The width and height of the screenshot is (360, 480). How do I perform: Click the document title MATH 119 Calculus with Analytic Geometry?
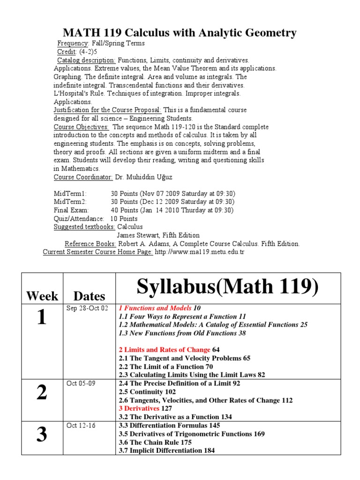[x=180, y=33]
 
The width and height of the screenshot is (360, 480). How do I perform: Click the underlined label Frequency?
[x=73, y=43]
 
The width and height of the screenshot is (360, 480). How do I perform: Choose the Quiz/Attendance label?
[x=79, y=219]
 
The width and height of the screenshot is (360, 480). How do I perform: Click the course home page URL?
[x=200, y=252]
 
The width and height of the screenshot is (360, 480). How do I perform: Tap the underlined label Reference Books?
[x=90, y=244]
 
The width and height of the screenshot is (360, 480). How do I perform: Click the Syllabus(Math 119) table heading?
[x=221, y=287]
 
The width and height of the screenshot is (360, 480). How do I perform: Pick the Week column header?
[x=42, y=296]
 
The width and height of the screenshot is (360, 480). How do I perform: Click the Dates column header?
[x=90, y=296]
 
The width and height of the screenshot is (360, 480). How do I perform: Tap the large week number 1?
[x=42, y=318]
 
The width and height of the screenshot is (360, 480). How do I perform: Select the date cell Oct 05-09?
[x=81, y=383]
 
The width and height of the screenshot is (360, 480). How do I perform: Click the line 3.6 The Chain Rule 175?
[x=155, y=442]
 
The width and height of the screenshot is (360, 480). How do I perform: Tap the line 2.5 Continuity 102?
[x=147, y=392]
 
